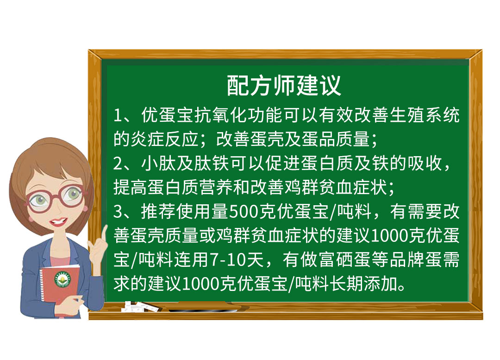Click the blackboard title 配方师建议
coord(284,86)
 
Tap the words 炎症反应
coord(164,139)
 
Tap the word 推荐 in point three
coord(158,211)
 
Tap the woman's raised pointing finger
coord(104,234)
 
